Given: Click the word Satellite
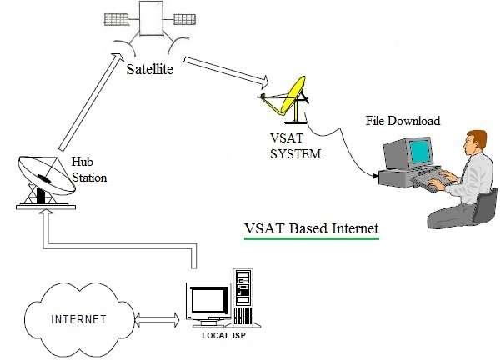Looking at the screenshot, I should click(150, 70).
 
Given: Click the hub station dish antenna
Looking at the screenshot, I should click(42, 174).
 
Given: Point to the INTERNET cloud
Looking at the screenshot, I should click(79, 319).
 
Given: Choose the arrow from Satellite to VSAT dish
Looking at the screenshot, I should click(225, 70).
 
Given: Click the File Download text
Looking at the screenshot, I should click(403, 121).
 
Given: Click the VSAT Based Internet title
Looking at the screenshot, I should click(311, 228).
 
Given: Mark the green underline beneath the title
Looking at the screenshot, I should click(311, 239).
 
